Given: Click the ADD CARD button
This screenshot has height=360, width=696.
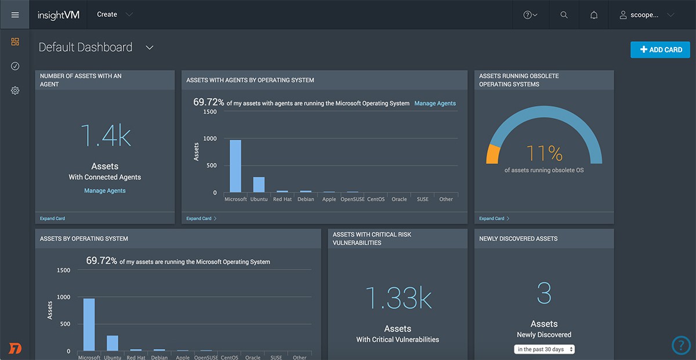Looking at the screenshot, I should click(660, 50).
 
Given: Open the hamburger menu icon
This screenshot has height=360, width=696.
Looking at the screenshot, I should click(15, 14).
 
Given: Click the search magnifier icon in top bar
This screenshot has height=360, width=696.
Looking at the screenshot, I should click(564, 15).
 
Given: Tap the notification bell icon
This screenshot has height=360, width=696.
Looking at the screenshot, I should click(594, 15).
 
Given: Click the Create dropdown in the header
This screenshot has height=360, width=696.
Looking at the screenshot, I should click(114, 14).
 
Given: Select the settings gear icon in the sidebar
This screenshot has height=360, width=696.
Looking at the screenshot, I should click(15, 90).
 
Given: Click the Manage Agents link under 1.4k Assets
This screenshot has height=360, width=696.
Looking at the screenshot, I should click(104, 191).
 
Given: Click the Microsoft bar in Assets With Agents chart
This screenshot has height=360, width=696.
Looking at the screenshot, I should click(235, 166).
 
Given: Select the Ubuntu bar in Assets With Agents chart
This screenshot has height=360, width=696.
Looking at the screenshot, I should click(259, 184).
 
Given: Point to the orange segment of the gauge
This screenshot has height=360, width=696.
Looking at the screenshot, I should click(492, 154).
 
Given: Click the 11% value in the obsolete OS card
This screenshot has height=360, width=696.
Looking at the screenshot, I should click(544, 154).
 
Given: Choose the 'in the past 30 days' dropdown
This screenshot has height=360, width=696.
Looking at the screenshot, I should click(544, 349).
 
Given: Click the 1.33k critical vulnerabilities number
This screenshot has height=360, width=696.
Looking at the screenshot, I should click(397, 298).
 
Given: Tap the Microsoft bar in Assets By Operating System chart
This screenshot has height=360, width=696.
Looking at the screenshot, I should click(89, 325).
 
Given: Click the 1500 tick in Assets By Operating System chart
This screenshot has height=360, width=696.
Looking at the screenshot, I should click(63, 270).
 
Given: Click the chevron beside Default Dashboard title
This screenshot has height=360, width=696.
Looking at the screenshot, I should click(150, 48).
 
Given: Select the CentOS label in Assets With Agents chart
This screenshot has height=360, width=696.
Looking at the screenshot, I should click(376, 199).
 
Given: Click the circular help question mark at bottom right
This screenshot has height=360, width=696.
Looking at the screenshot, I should click(681, 346).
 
